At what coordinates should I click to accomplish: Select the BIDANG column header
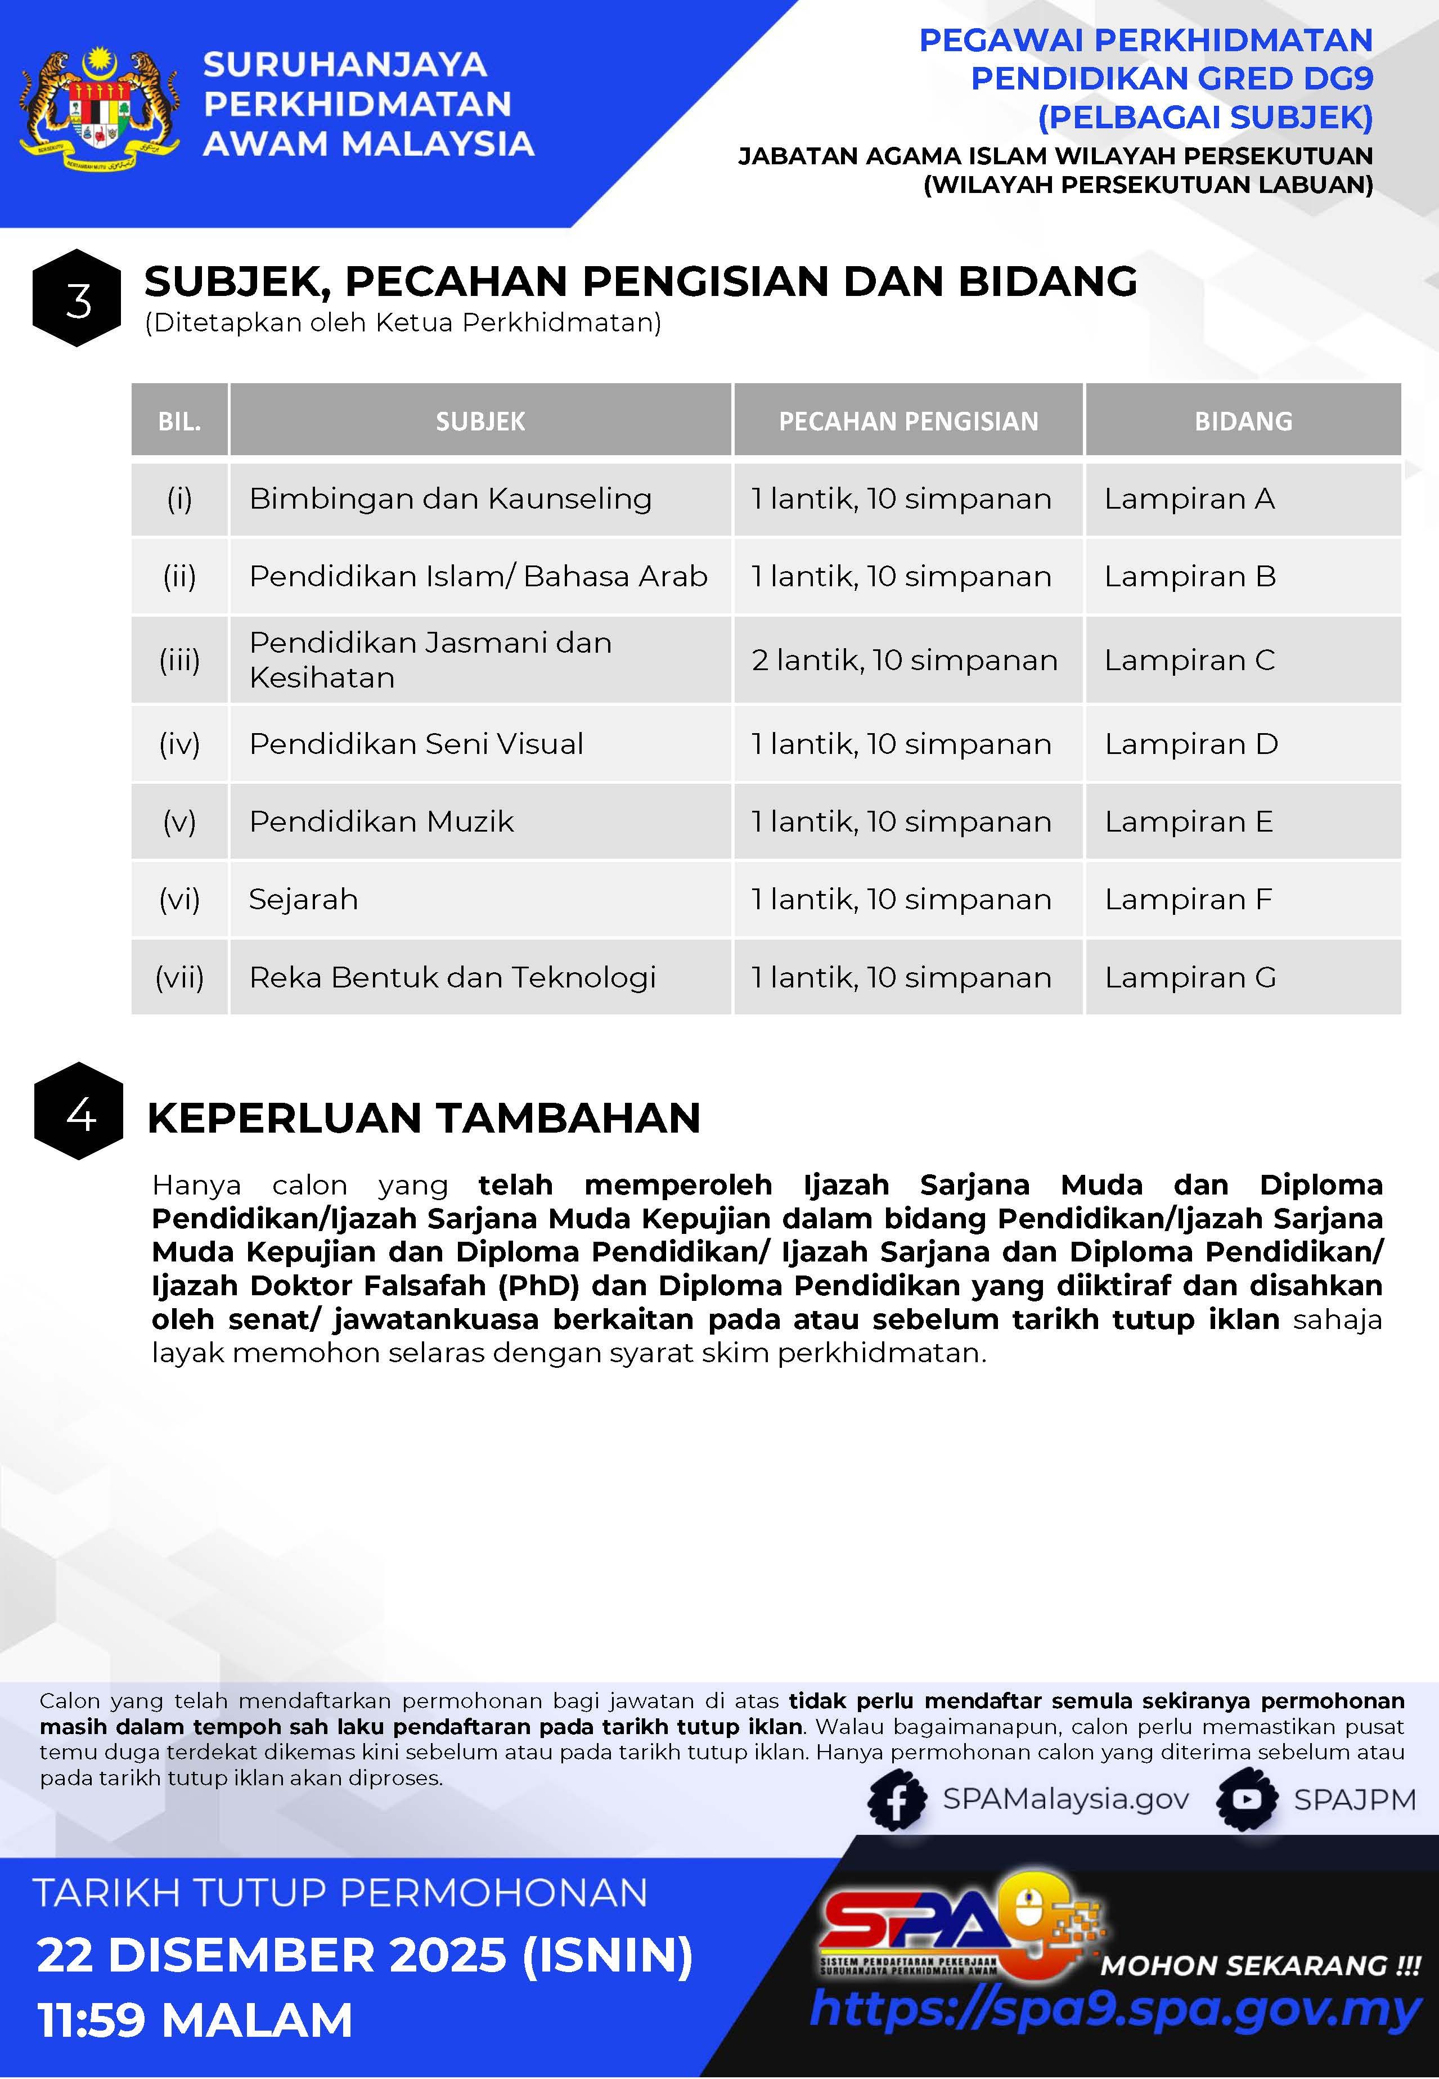pyautogui.click(x=1243, y=421)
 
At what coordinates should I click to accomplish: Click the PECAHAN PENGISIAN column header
pyautogui.click(x=908, y=421)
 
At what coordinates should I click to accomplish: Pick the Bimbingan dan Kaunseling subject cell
pyautogui.click(x=450, y=499)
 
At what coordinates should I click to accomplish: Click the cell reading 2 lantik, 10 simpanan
pyautogui.click(x=905, y=660)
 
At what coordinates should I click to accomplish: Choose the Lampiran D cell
pyautogui.click(x=1190, y=744)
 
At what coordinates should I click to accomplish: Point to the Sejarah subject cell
pyautogui.click(x=303, y=899)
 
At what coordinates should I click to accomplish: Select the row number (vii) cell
pyautogui.click(x=179, y=977)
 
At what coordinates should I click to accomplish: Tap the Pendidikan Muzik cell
pyautogui.click(x=381, y=821)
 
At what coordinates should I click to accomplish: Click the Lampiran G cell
pyautogui.click(x=1190, y=977)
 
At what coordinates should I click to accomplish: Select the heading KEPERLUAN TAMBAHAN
pyautogui.click(x=424, y=1118)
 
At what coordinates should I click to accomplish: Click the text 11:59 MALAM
pyautogui.click(x=195, y=2019)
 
